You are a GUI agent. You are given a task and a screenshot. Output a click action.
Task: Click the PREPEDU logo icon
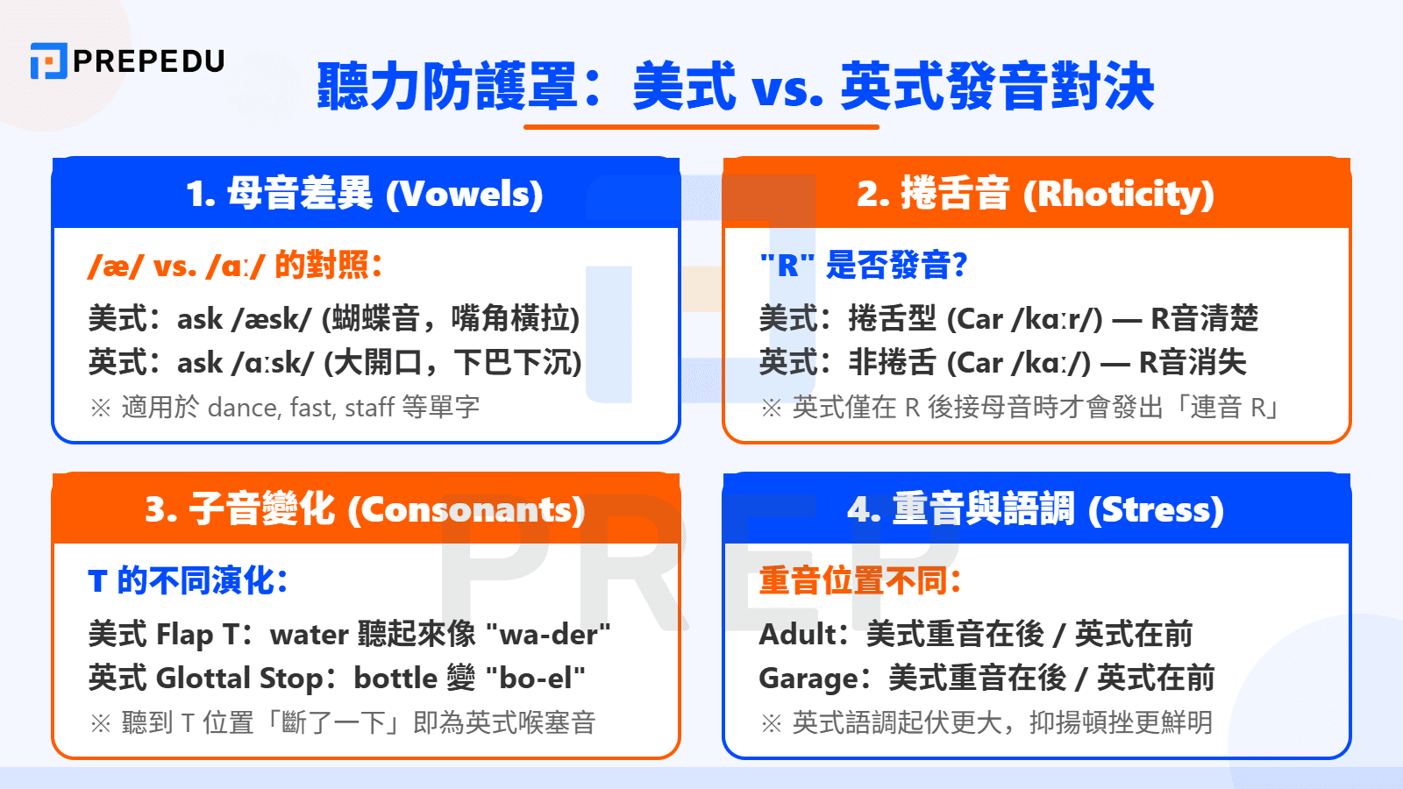pyautogui.click(x=48, y=61)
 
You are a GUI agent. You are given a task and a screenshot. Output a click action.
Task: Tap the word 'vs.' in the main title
pyautogui.click(x=787, y=88)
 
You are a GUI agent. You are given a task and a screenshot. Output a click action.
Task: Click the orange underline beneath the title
pyautogui.click(x=701, y=127)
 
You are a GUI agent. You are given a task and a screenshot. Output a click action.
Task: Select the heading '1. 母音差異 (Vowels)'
pyautogui.click(x=365, y=194)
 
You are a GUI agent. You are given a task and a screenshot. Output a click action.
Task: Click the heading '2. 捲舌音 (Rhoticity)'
pyautogui.click(x=1036, y=194)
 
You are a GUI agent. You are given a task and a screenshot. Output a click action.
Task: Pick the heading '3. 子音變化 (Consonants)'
pyautogui.click(x=365, y=509)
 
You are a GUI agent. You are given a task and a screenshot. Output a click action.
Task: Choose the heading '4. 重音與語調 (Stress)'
pyautogui.click(x=1036, y=509)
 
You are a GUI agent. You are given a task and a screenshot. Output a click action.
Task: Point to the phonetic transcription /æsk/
pyautogui.click(x=272, y=319)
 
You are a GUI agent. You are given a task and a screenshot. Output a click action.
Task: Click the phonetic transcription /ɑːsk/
pyautogui.click(x=273, y=363)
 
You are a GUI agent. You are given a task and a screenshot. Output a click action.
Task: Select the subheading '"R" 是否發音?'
pyautogui.click(x=863, y=265)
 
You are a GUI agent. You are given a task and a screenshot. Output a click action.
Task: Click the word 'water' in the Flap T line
pyautogui.click(x=310, y=635)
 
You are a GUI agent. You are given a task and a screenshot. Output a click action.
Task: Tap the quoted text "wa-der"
pyautogui.click(x=548, y=635)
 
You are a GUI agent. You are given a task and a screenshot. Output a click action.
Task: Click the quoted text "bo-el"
pyautogui.click(x=535, y=679)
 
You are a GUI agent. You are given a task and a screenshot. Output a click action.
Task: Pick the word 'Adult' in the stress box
pyautogui.click(x=795, y=635)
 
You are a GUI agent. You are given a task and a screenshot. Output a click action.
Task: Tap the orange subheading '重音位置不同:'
pyautogui.click(x=860, y=580)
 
